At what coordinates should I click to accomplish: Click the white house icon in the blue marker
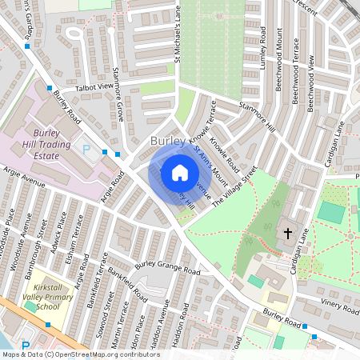pos(179,172)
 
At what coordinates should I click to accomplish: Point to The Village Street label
pos(234,187)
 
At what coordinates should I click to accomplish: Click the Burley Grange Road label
pos(167,266)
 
